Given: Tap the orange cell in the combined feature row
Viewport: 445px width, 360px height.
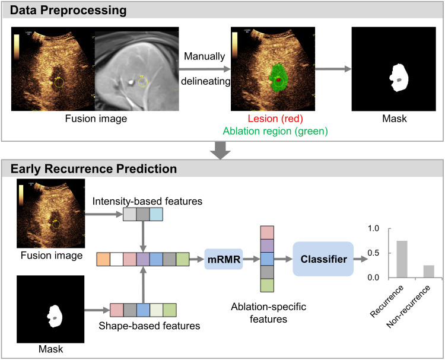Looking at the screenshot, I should (x=103, y=259).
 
